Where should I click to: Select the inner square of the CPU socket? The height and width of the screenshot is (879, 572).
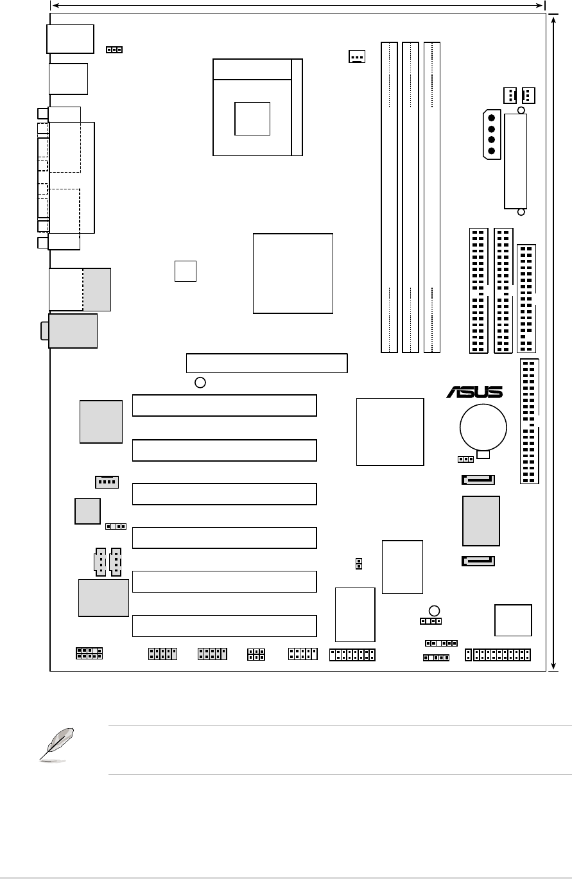point(252,118)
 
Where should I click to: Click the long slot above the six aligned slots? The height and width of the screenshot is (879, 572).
point(266,363)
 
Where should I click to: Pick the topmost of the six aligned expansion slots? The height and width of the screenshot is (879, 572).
point(224,406)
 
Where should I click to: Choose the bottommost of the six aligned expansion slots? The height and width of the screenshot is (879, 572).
point(224,625)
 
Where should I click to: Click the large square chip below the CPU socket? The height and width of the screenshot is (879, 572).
point(293,274)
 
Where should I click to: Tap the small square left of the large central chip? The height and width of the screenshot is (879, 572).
point(185,271)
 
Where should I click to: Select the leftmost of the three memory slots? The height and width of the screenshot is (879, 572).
point(389,197)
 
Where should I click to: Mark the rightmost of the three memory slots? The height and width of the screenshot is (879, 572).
point(432,197)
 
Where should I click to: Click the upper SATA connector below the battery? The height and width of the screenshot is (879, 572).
point(478,480)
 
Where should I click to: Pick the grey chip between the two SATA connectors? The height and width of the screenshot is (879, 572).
point(481,520)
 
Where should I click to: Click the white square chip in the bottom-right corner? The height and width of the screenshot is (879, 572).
point(513,620)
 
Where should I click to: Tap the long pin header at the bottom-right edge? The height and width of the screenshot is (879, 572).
point(498,655)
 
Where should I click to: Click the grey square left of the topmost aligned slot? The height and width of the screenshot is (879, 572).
point(101,421)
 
